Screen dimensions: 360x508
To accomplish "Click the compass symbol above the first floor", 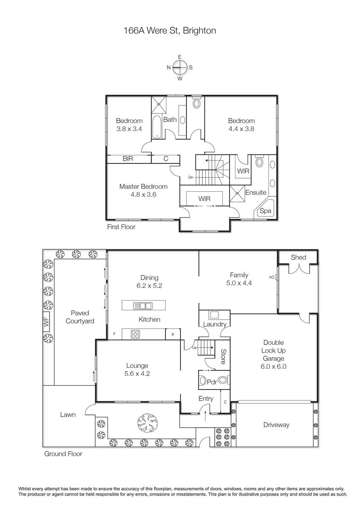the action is (x=180, y=67).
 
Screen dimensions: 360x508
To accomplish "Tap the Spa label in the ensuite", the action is (x=265, y=211).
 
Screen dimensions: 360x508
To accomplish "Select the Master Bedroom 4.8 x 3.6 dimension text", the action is (x=144, y=194).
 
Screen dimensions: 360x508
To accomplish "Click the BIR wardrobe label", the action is (x=128, y=158).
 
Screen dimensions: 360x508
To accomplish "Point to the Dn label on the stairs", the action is (x=191, y=177).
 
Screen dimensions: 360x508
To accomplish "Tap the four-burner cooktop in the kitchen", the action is (x=135, y=334).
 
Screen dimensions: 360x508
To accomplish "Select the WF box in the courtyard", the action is (x=46, y=322).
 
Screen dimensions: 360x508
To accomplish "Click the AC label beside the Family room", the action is (x=271, y=277).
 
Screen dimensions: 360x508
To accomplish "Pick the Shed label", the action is (x=298, y=257).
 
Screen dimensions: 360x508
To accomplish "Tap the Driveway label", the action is (x=276, y=425).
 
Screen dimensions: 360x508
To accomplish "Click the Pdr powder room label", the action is (x=212, y=382).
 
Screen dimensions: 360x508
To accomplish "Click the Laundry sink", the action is (x=214, y=315).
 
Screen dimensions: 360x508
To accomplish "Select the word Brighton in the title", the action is (x=199, y=30).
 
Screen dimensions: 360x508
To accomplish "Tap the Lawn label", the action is (x=68, y=414).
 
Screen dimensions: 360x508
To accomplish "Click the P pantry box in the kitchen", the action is (x=173, y=334).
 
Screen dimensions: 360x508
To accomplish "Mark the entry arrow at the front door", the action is (x=205, y=415).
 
